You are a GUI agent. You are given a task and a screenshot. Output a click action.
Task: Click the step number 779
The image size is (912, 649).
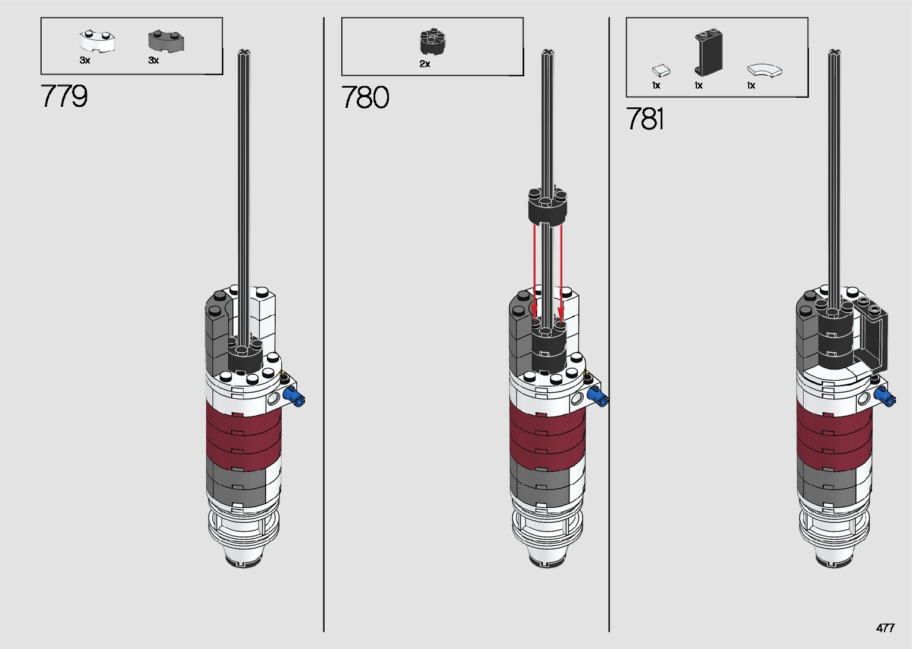pos(64,96)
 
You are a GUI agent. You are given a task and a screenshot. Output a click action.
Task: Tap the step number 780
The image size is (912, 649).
pos(365,97)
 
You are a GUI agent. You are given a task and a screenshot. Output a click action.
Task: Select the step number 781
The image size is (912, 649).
pos(645,119)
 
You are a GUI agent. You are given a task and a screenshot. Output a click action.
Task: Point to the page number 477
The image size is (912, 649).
pos(885,628)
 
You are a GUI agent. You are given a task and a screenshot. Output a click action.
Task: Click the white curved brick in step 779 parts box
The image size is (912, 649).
pos(97,41)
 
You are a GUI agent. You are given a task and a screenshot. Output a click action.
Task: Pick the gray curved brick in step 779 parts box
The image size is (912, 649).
pos(166,41)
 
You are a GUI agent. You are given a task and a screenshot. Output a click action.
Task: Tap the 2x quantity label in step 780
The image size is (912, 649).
pos(425,64)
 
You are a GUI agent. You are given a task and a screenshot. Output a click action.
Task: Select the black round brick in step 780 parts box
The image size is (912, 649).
pos(432,41)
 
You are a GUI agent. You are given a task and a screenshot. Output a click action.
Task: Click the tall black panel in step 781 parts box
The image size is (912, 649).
pos(709,52)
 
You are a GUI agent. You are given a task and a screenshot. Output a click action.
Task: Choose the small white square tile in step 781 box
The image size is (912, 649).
pos(661,71)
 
